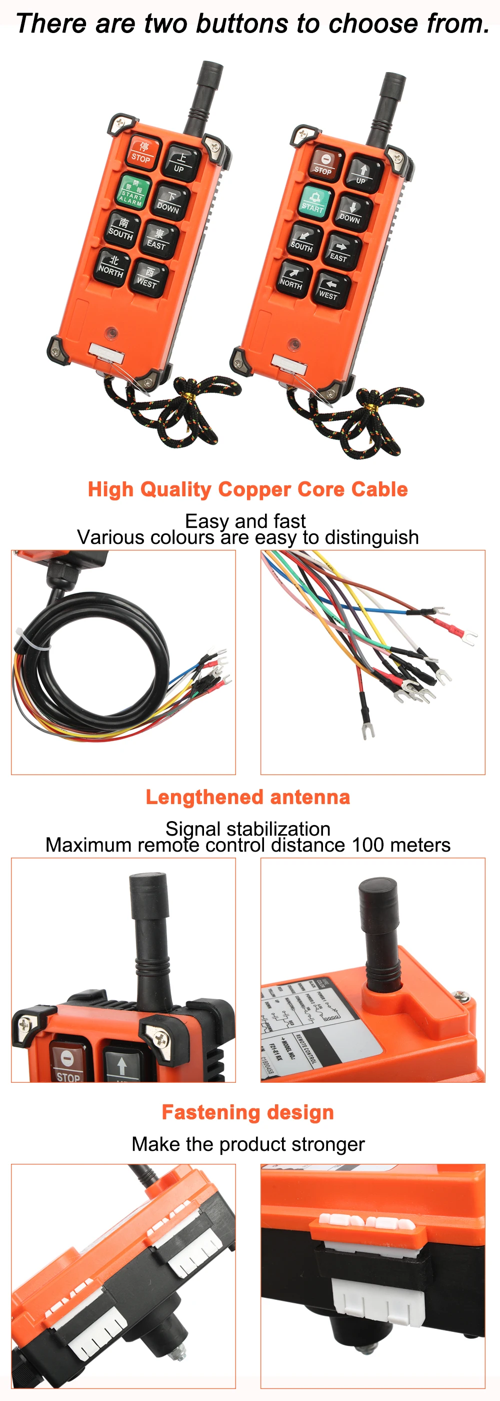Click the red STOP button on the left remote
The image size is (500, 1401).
142,152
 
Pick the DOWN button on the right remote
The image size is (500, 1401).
351,213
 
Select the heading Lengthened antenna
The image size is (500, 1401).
248,797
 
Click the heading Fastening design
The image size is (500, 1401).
248,1112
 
